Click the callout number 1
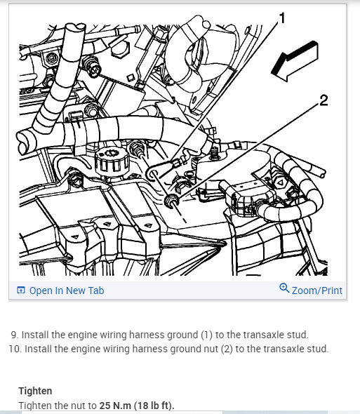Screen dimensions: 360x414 282,18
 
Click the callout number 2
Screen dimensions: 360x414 324,100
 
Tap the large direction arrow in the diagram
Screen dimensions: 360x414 295,61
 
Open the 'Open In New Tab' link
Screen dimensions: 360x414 67,291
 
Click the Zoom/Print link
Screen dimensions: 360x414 317,291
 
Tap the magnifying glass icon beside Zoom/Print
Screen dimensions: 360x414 284,288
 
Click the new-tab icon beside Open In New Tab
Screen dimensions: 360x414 21,290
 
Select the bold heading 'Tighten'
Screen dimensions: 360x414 35,391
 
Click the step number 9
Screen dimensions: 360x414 14,335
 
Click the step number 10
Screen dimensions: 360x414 15,349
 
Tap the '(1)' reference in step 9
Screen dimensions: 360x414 207,335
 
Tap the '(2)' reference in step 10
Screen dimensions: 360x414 227,349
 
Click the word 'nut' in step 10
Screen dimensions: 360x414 211,349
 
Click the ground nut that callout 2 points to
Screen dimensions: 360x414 172,201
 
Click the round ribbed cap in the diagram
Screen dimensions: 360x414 112,161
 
